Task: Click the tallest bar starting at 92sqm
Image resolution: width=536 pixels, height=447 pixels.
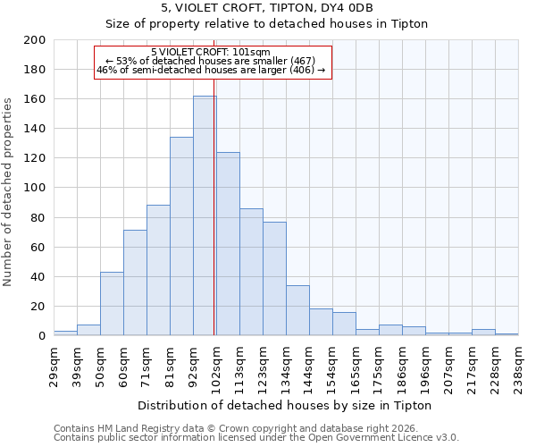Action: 205,215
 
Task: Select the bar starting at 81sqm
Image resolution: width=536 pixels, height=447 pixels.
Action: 181,236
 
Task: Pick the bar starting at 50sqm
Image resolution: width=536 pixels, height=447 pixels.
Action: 112,304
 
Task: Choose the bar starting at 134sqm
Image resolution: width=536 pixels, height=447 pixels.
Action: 297,310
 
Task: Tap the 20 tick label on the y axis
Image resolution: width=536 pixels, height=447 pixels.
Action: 38,307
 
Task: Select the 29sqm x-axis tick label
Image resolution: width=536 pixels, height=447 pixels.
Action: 54,367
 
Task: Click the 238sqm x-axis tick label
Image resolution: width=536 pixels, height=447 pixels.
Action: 518,367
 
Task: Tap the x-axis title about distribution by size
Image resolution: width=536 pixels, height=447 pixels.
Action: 286,405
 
